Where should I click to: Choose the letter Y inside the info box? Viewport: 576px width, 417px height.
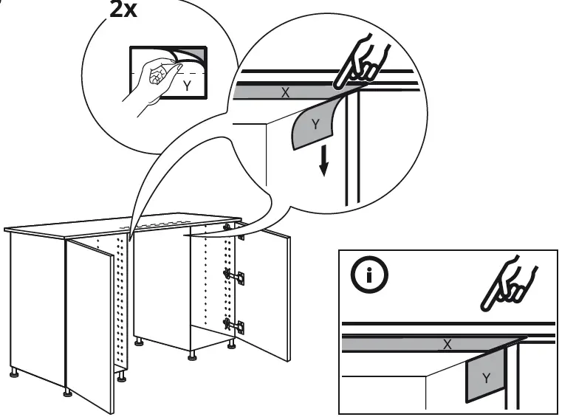[484, 377]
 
